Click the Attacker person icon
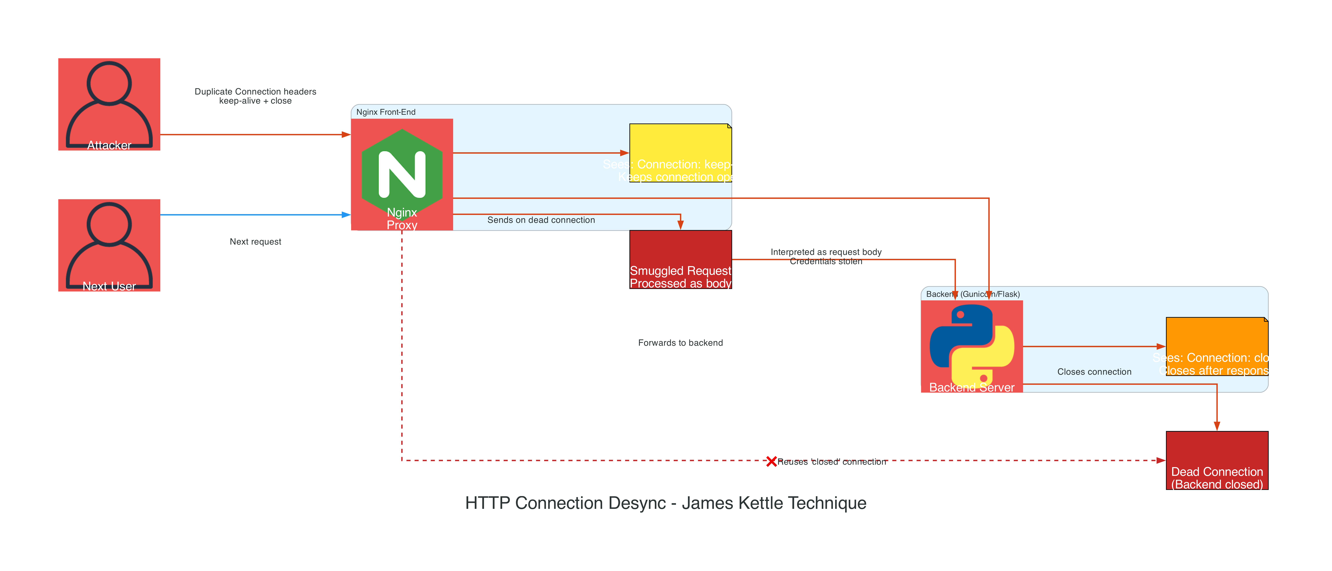109,103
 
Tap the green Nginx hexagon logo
402,173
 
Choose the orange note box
1217,346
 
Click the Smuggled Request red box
680,259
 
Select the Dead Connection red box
1217,460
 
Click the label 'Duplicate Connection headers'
255,91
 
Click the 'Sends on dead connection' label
541,220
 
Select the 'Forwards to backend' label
680,343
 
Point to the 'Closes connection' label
1094,372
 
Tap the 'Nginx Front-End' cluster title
386,112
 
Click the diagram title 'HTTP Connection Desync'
665,503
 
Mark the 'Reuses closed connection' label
831,462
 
